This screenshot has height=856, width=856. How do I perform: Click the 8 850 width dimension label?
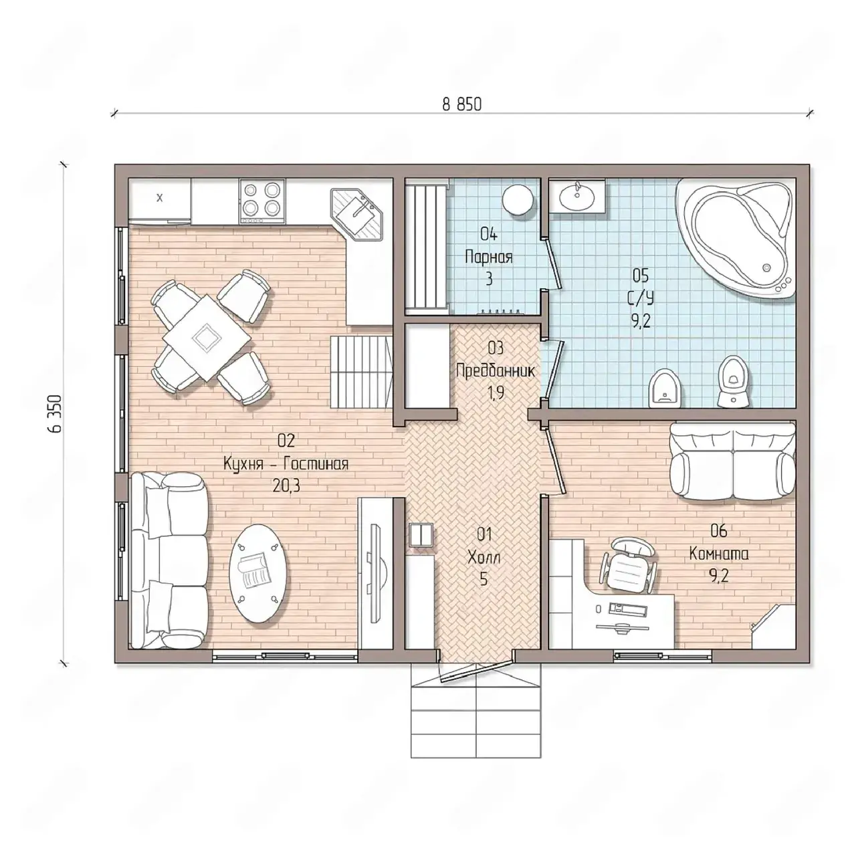coord(461,104)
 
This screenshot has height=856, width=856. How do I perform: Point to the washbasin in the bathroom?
coord(576,196)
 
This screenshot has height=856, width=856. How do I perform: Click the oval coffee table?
coord(257,574)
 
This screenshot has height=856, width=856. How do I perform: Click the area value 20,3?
coord(286,486)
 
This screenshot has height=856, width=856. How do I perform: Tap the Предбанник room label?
coord(496,371)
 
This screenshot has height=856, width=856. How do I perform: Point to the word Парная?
coord(489,257)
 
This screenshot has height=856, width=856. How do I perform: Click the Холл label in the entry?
coord(484,557)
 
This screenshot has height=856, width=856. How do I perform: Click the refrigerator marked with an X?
coord(159,201)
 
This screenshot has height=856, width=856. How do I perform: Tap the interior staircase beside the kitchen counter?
coord(361,372)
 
